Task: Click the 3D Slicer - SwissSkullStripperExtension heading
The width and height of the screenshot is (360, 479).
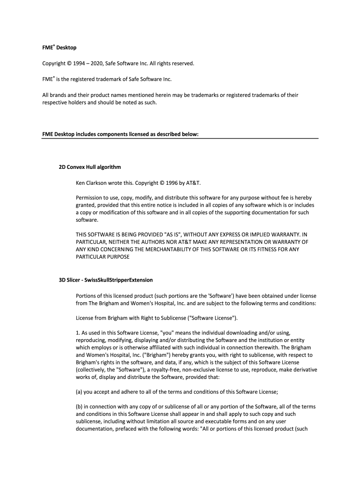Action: coord(106,280)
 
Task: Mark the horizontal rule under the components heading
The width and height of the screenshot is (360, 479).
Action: coord(180,138)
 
